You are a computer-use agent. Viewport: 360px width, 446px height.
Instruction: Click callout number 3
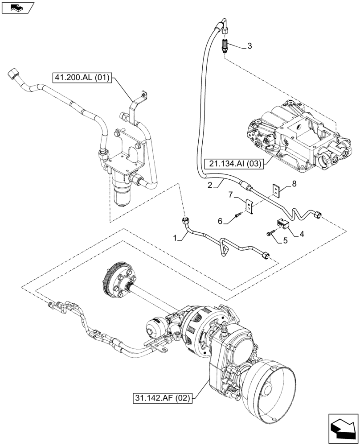[x=249, y=46]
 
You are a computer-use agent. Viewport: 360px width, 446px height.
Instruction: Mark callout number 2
[x=209, y=184]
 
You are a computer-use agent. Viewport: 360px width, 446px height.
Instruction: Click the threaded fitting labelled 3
[x=226, y=45]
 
